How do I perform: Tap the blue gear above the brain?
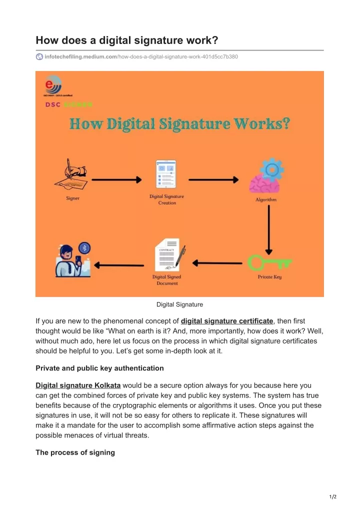[272, 169]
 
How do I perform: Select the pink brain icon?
[264, 184]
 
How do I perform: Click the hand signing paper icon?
[71, 175]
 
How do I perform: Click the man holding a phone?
[69, 261]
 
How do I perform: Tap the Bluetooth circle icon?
[84, 248]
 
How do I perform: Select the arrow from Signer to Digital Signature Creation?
[116, 179]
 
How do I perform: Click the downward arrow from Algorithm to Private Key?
[269, 230]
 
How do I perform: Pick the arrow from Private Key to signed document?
[217, 263]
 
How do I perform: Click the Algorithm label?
[266, 199]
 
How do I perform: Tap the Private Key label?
[270, 277]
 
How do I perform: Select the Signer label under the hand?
[72, 198]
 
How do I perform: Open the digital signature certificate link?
[227, 321]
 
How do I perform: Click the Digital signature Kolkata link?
[78, 385]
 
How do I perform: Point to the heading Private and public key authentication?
[99, 368]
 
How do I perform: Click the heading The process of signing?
[75, 452]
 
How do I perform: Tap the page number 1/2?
[332, 496]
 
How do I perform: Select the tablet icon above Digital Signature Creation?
[166, 174]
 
